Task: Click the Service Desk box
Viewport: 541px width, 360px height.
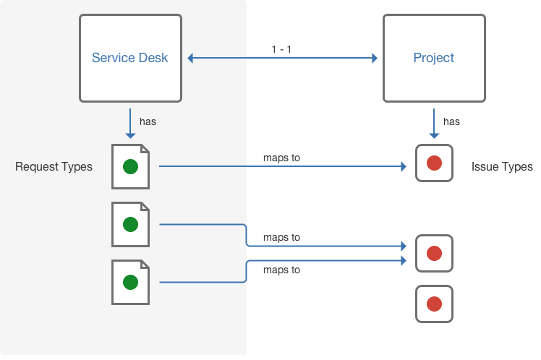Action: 130,59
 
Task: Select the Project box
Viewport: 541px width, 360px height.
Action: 434,59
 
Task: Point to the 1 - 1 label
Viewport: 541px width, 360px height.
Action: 281,49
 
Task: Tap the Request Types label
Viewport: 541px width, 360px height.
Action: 54,167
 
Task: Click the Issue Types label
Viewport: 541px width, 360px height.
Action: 502,167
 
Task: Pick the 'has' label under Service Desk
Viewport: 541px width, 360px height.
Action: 148,121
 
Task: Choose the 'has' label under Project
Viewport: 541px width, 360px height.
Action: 451,121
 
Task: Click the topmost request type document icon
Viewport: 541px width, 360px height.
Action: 130,166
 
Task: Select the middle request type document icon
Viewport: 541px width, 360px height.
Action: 130,224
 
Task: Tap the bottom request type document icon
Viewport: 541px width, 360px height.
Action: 130,282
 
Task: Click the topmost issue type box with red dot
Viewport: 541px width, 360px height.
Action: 434,163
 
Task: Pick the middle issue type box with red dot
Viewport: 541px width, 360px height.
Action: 434,253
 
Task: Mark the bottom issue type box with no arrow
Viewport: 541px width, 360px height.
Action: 434,304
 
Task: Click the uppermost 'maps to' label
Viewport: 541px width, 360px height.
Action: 281,158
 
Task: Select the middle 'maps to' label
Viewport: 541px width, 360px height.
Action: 281,237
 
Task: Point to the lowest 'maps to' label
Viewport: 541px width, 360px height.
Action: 281,270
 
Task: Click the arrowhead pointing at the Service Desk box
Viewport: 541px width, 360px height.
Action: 191,58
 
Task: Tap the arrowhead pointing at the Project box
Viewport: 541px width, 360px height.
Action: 375,58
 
